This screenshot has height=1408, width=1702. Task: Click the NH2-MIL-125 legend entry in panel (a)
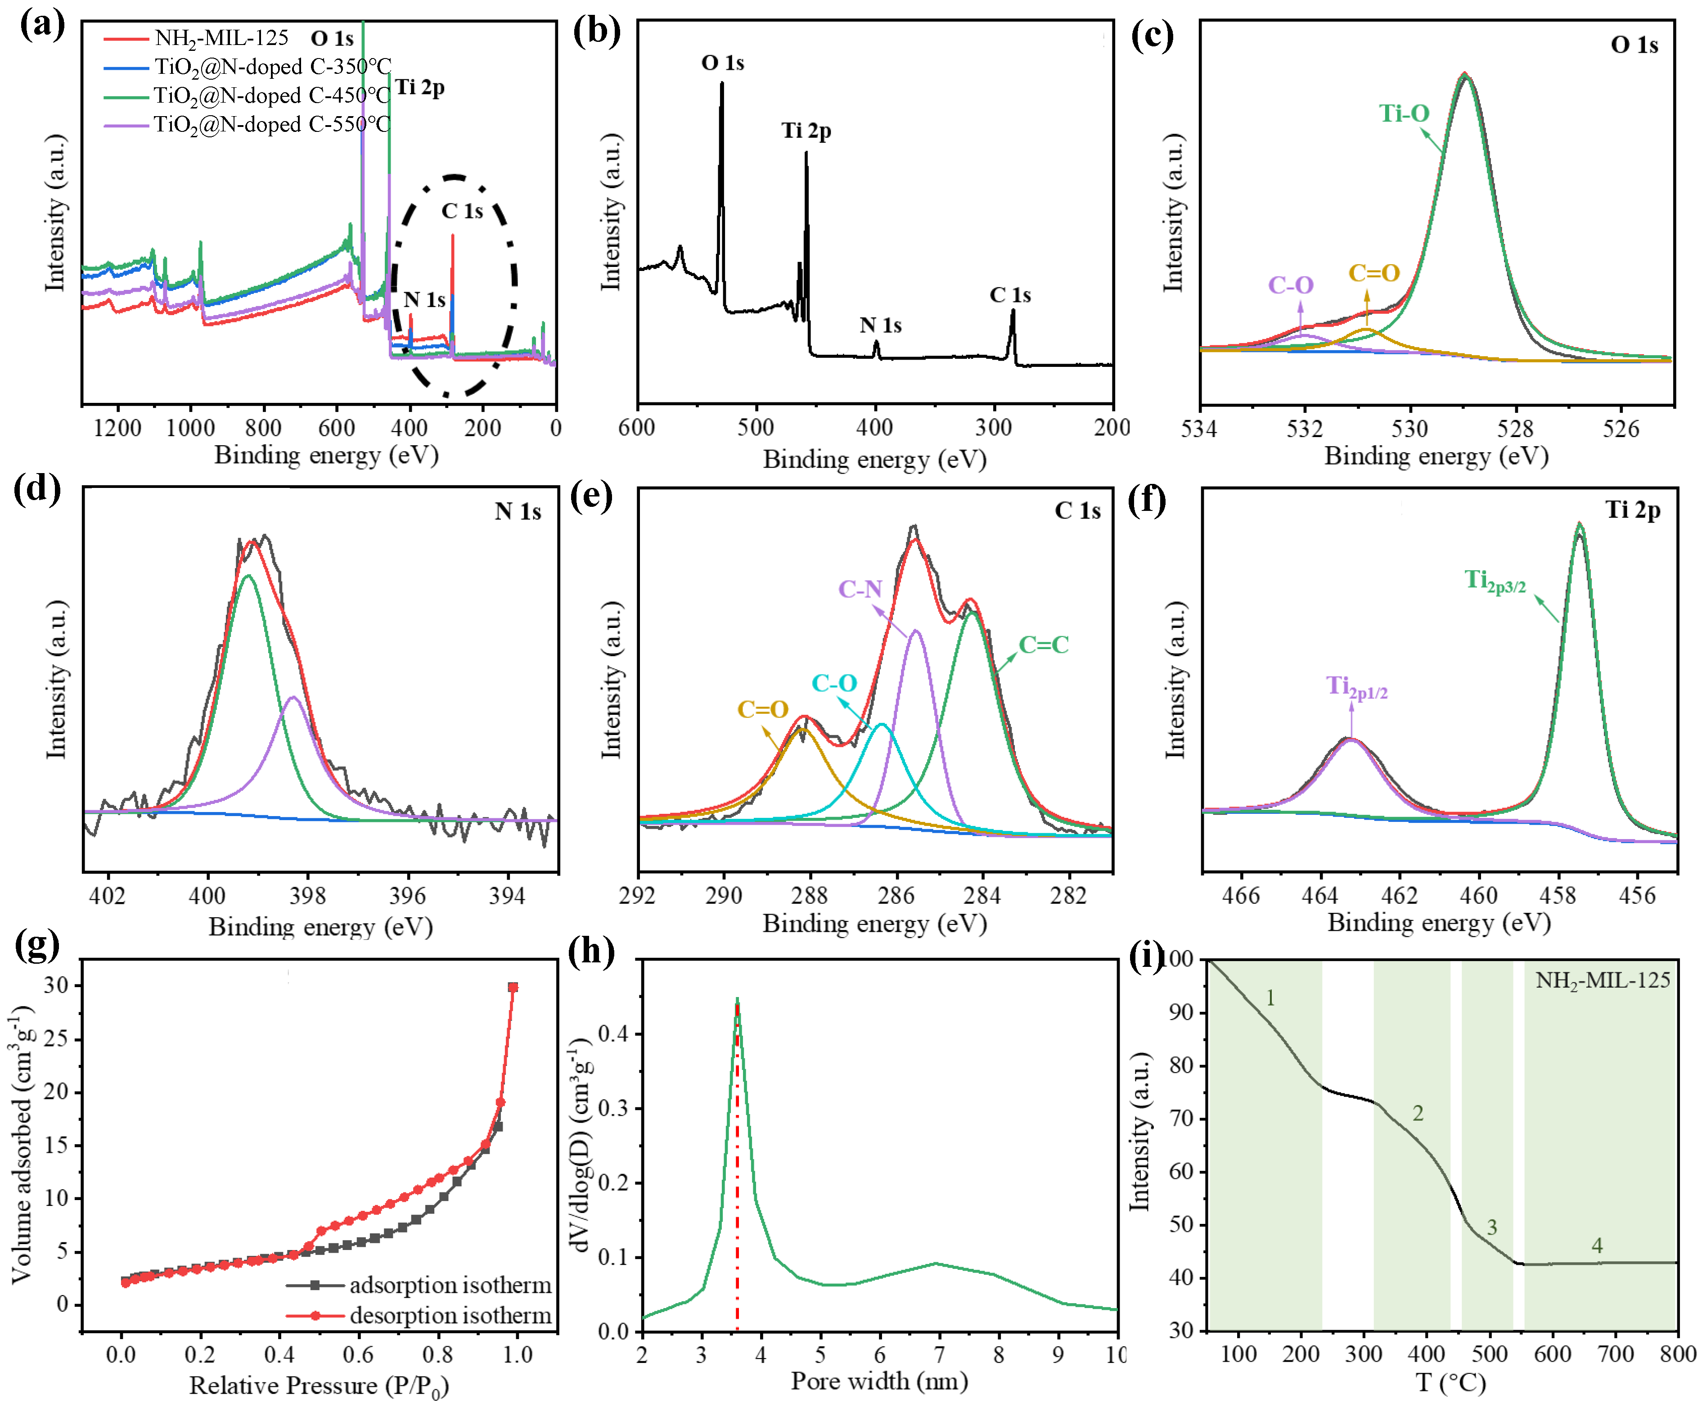[221, 38]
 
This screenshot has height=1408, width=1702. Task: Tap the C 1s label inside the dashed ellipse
[462, 212]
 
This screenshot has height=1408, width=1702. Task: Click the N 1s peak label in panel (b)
[880, 326]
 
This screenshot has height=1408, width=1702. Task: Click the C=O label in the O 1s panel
[1374, 273]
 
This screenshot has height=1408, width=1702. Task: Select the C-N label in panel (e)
[860, 589]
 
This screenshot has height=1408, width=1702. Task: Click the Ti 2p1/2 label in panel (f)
[1356, 687]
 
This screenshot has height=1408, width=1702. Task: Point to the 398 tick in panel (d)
[307, 897]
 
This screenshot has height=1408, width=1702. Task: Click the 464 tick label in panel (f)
[1319, 897]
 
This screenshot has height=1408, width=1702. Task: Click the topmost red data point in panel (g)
[512, 987]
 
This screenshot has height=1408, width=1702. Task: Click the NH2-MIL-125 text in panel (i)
[1602, 981]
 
